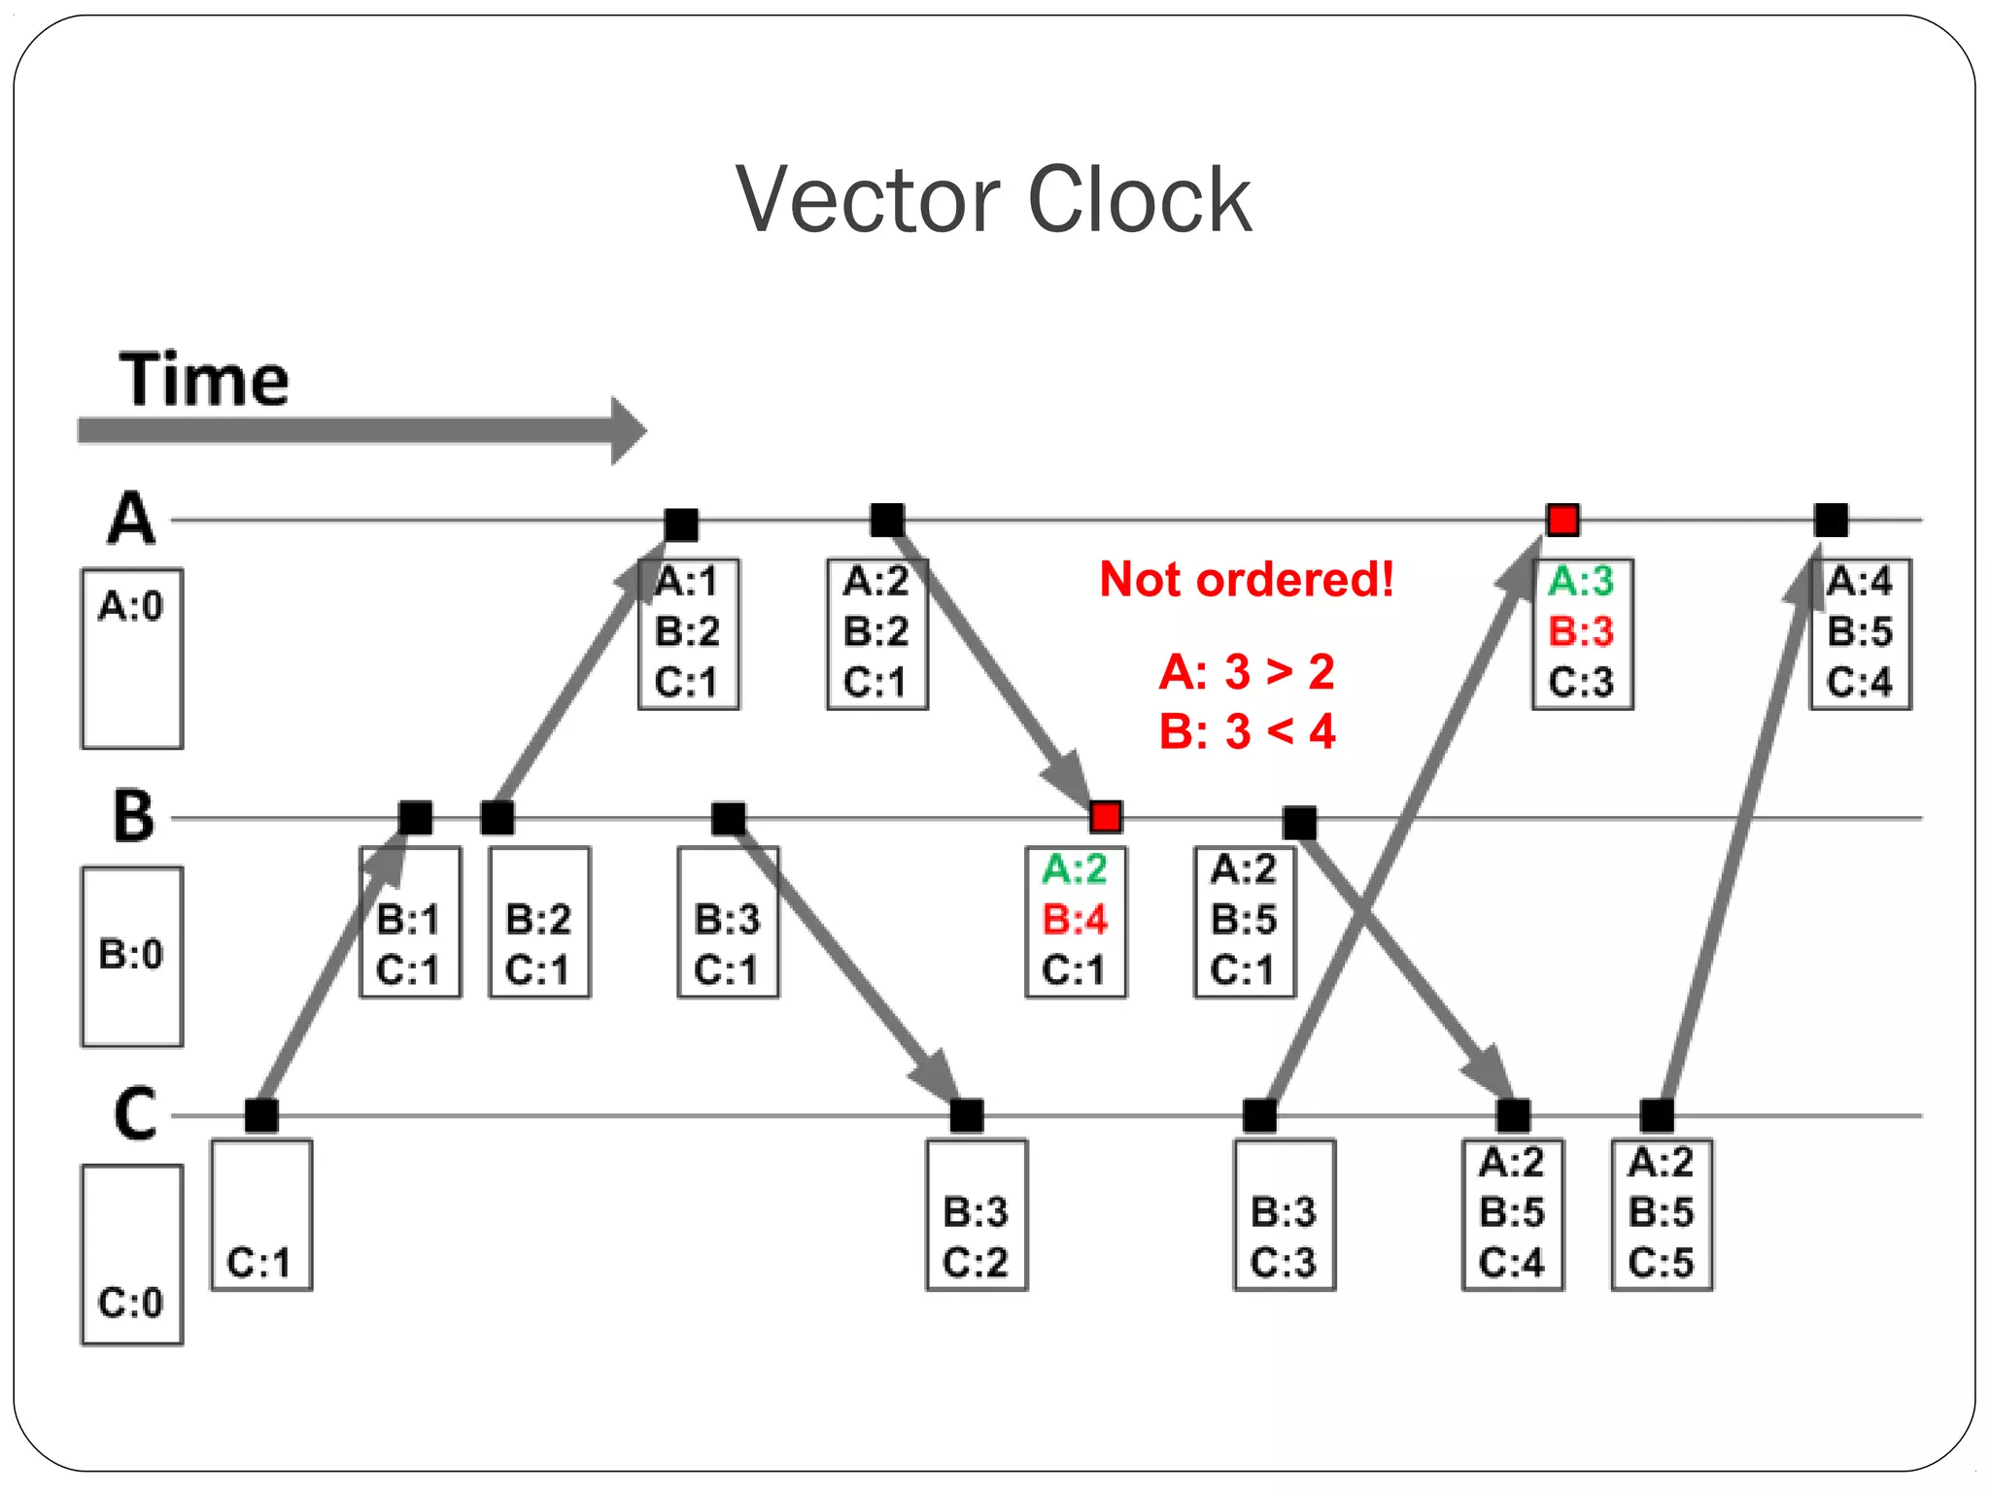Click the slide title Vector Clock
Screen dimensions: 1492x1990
pos(993,200)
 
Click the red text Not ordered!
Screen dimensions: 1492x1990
pos(1247,580)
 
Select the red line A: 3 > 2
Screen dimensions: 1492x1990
pos(1247,672)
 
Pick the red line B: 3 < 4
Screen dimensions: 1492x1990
pos(1247,731)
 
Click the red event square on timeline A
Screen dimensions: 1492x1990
pos(1562,521)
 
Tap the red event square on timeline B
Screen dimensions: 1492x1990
pos(1106,817)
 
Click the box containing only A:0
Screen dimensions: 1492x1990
pos(132,658)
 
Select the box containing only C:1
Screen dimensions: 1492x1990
pos(261,1214)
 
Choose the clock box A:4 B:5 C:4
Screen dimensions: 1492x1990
pos(1860,633)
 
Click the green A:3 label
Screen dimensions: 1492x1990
pos(1580,582)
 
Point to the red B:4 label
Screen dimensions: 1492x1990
pos(1075,919)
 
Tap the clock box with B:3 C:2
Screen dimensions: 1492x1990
pos(977,1214)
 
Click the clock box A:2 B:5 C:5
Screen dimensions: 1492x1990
pos(1662,1214)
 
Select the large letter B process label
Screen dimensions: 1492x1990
pos(133,816)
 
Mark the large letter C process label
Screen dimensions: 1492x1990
pos(134,1114)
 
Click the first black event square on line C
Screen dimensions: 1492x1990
pos(261,1116)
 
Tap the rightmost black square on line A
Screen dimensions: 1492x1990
pos(1831,521)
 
